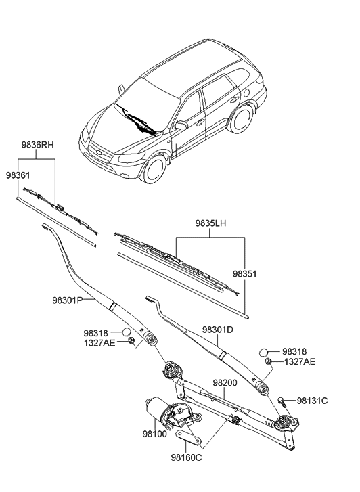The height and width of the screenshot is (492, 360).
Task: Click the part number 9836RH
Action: point(37,145)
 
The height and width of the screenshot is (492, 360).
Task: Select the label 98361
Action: point(19,175)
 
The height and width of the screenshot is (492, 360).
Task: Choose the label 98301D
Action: point(218,330)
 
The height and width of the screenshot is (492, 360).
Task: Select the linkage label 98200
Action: point(225,382)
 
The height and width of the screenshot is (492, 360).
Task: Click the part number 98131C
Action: point(313,401)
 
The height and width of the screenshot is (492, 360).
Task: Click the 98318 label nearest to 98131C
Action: point(294,352)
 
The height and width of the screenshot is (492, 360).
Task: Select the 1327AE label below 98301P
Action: point(99,344)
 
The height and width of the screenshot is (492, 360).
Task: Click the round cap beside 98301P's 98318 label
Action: point(126,332)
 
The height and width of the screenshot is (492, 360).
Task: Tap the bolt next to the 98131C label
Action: point(282,401)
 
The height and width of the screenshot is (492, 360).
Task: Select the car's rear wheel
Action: point(240,118)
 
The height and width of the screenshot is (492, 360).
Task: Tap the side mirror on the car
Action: point(181,125)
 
